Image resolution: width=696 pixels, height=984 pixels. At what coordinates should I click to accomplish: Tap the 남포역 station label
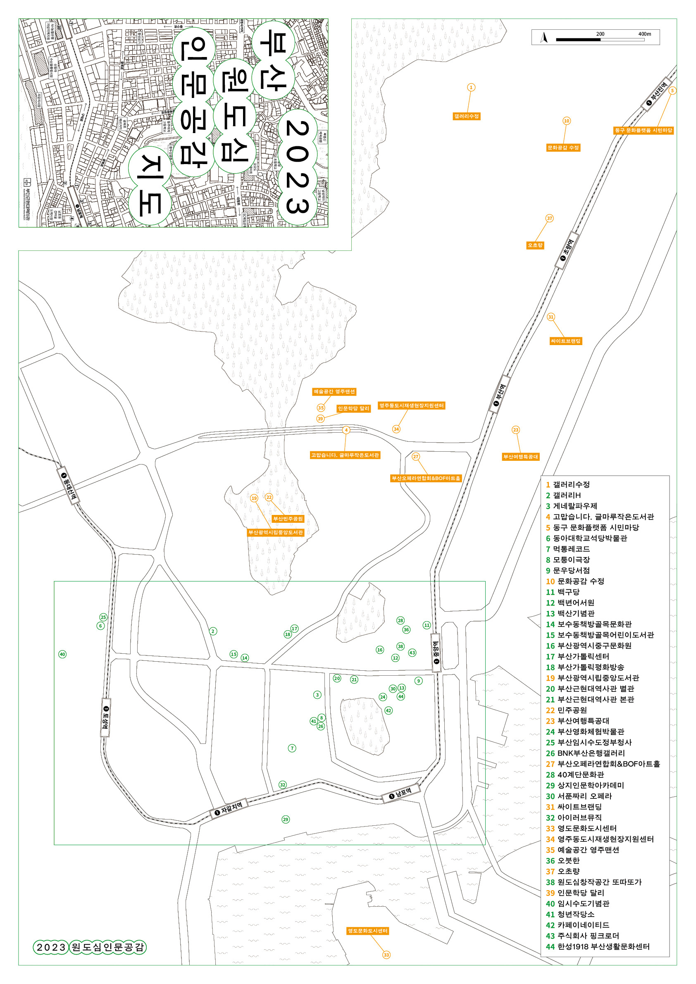pyautogui.click(x=401, y=794)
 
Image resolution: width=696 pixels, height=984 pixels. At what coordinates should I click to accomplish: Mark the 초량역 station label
pyautogui.click(x=567, y=250)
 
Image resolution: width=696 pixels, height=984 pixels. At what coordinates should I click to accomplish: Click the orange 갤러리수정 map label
pyautogui.click(x=467, y=116)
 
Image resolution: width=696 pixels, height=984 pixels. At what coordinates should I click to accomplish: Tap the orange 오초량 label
pyautogui.click(x=535, y=245)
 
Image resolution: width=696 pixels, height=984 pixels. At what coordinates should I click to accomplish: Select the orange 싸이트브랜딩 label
pyautogui.click(x=566, y=341)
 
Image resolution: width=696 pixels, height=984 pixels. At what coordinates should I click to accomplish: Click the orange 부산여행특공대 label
pyautogui.click(x=520, y=456)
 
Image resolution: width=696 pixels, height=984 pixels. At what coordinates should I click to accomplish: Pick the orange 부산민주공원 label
pyautogui.click(x=288, y=519)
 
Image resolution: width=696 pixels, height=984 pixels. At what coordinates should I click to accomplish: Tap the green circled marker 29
pyautogui.click(x=286, y=819)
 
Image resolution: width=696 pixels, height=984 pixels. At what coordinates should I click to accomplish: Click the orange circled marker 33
pyautogui.click(x=386, y=954)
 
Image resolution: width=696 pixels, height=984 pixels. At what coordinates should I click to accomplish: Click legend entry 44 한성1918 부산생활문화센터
pyautogui.click(x=598, y=946)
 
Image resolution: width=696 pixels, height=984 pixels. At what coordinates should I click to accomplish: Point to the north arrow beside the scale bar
pyautogui.click(x=544, y=37)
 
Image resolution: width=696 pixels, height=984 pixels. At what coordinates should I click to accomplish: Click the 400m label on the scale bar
pyautogui.click(x=644, y=34)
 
